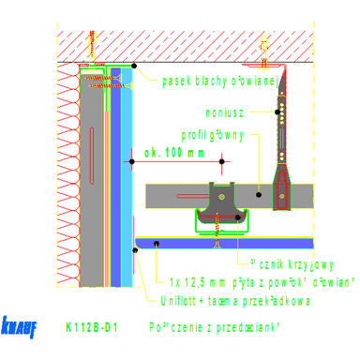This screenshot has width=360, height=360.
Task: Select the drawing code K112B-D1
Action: [x=91, y=328]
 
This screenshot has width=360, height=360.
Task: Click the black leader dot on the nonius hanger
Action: [x=278, y=111]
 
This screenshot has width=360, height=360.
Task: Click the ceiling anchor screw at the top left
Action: [x=92, y=42]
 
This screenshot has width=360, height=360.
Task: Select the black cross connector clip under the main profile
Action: [x=222, y=206]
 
